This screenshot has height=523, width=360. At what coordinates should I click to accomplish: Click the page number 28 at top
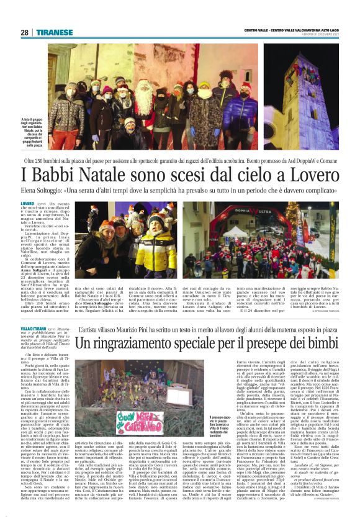point(24,32)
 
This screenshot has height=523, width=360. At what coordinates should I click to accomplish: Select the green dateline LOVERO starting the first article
point(27,203)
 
